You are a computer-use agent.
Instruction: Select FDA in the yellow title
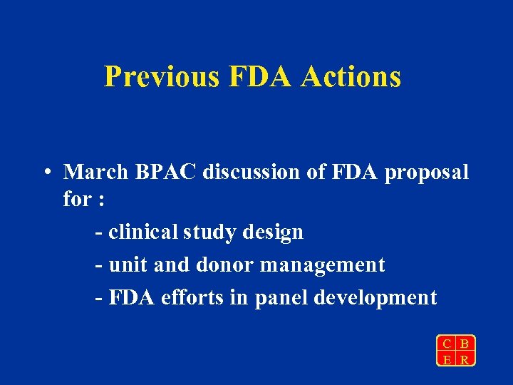point(261,76)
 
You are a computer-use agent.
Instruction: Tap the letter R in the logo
point(465,359)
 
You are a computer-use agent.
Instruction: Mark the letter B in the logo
point(465,343)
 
